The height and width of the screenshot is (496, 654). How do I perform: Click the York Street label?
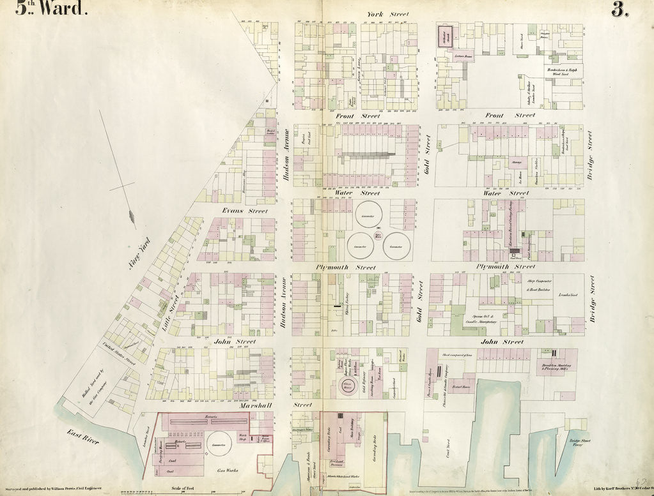point(387,14)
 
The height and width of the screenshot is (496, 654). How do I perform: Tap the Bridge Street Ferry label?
point(579,443)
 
